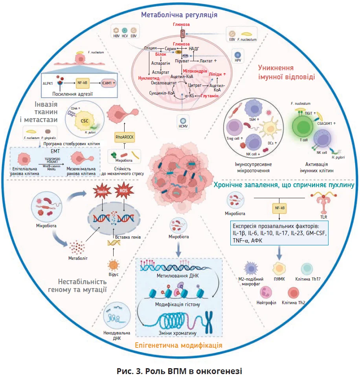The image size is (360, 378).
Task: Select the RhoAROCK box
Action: [x=124, y=136]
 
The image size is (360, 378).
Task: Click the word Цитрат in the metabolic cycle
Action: [x=195, y=85]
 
